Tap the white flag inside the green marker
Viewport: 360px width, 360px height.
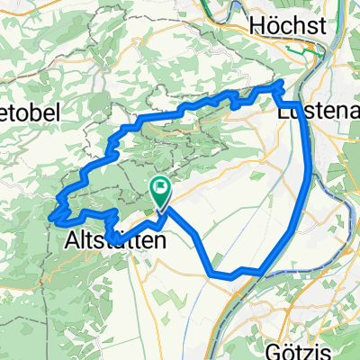[x=161, y=188]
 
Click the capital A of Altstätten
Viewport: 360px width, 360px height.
[x=73, y=241]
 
